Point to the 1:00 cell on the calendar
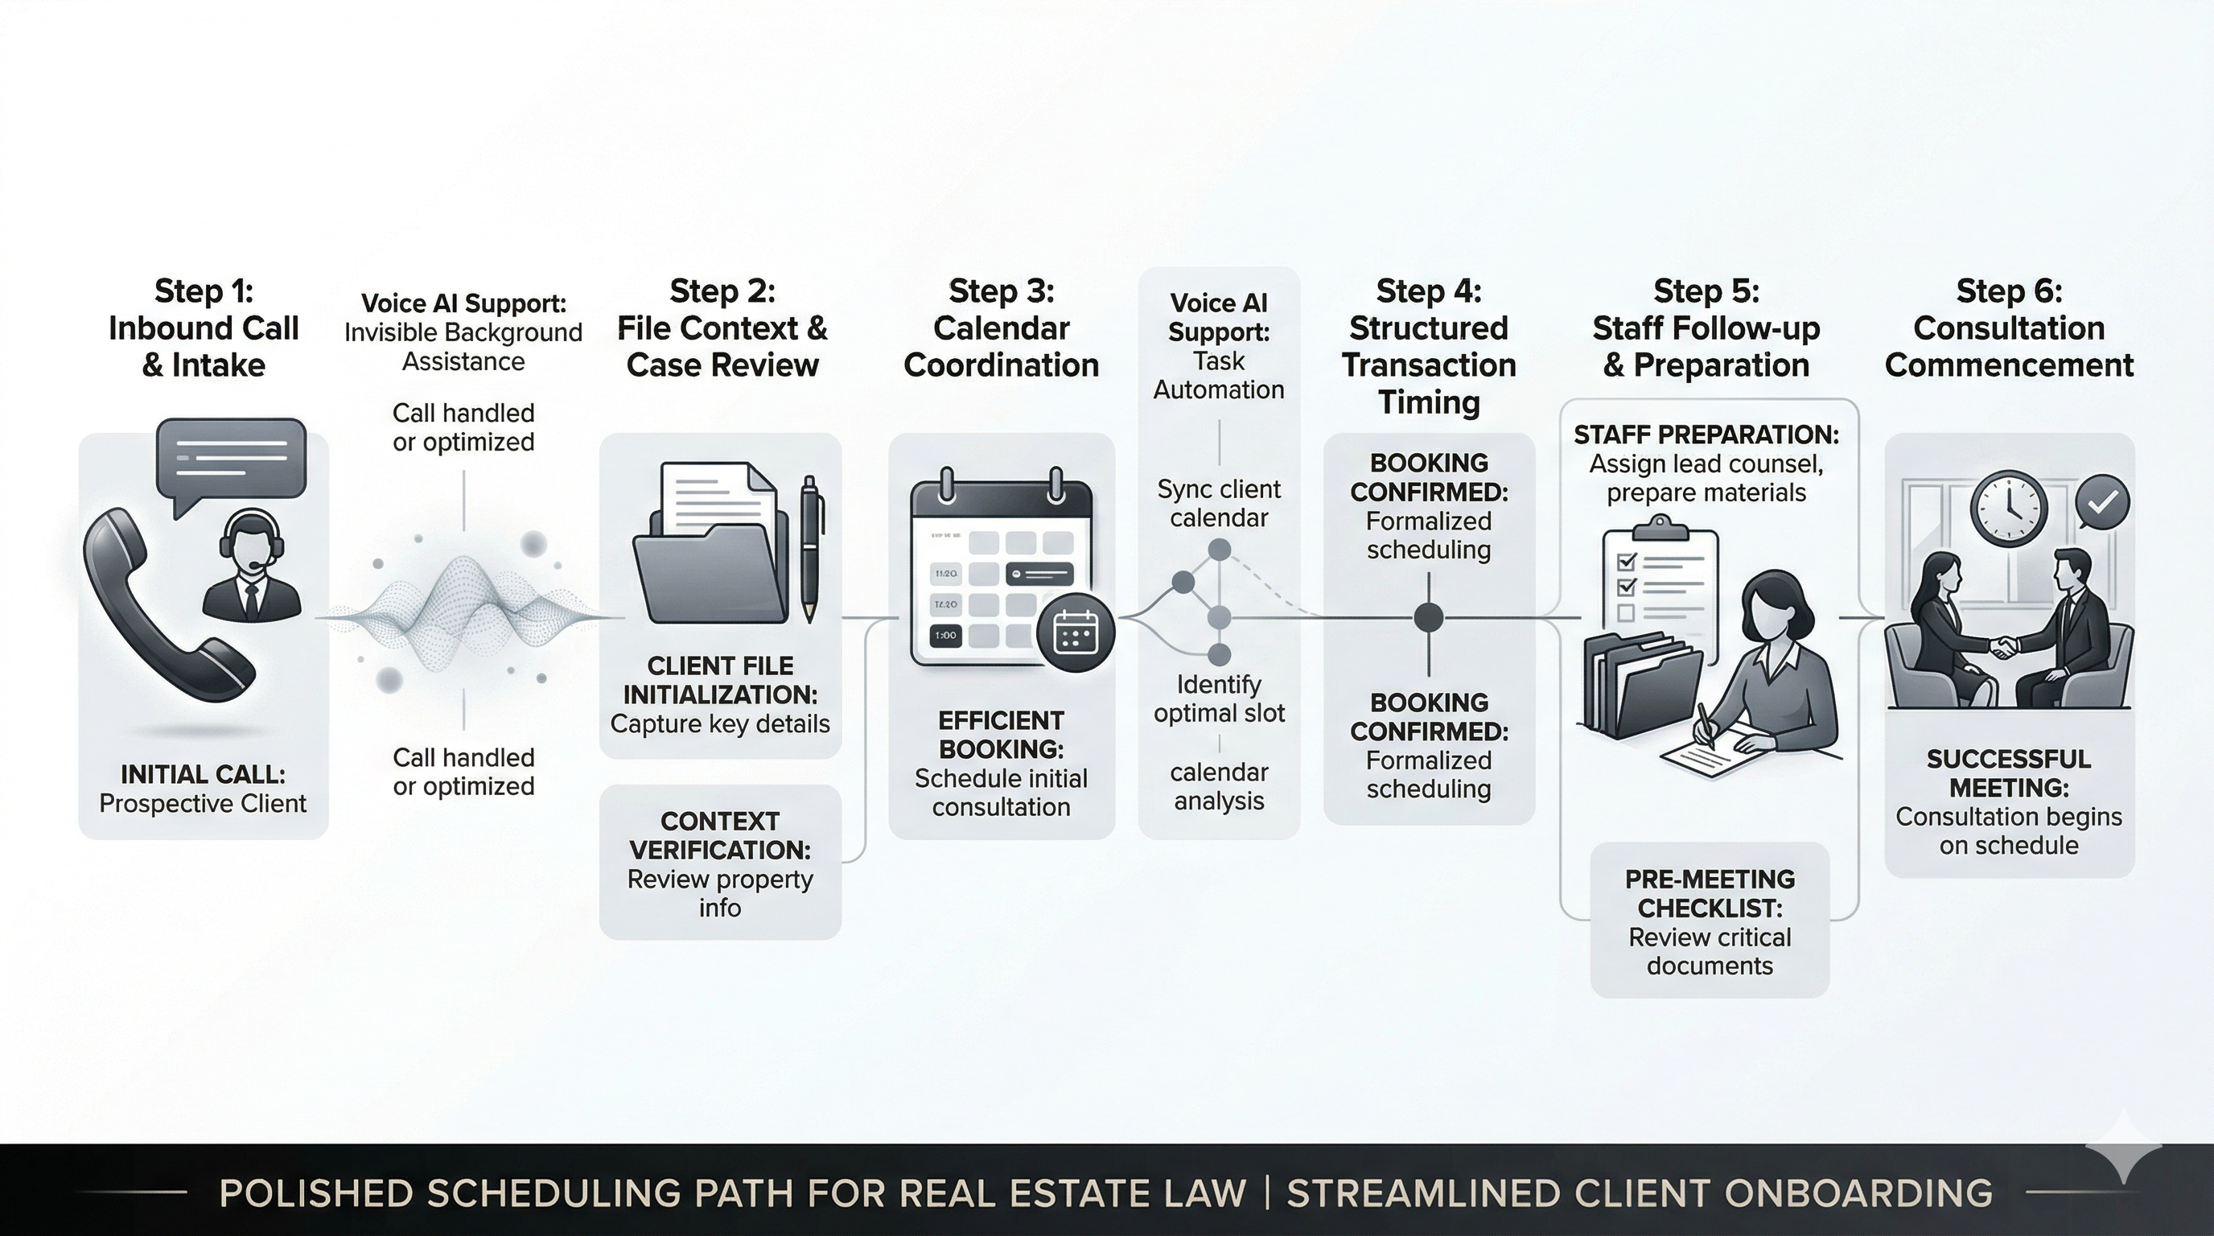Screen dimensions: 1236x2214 click(x=945, y=635)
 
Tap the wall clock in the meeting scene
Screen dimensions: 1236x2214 click(x=2009, y=509)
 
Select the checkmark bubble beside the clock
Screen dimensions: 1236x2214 click(x=2102, y=502)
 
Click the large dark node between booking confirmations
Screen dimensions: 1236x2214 click(x=1429, y=617)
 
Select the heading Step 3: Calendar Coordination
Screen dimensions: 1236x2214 click(x=1002, y=328)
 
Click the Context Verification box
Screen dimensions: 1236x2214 click(x=720, y=863)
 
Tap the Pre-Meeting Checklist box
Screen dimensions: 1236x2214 click(x=1710, y=921)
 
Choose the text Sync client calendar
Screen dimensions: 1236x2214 click(x=1219, y=504)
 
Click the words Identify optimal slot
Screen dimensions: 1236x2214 click(x=1219, y=698)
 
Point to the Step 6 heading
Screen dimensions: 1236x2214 click(x=2009, y=328)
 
